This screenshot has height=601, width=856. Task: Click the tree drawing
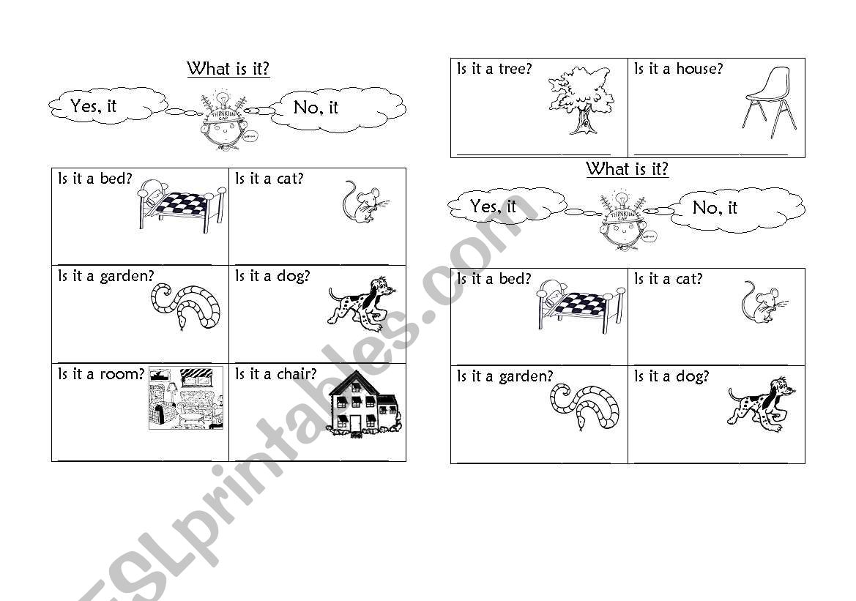[x=581, y=100]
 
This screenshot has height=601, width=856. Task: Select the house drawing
[x=362, y=405]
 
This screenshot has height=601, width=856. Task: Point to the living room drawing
[x=186, y=397]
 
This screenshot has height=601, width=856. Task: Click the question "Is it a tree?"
[x=494, y=70]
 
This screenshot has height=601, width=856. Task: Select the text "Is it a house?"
[x=678, y=70]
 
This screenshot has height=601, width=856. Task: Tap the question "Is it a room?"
[x=102, y=375]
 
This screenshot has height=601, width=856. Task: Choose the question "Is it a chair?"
[x=276, y=375]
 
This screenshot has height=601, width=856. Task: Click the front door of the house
[x=355, y=423]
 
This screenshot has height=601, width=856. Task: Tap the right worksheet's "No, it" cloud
[x=740, y=208]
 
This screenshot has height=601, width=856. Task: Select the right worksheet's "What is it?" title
[x=627, y=169]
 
